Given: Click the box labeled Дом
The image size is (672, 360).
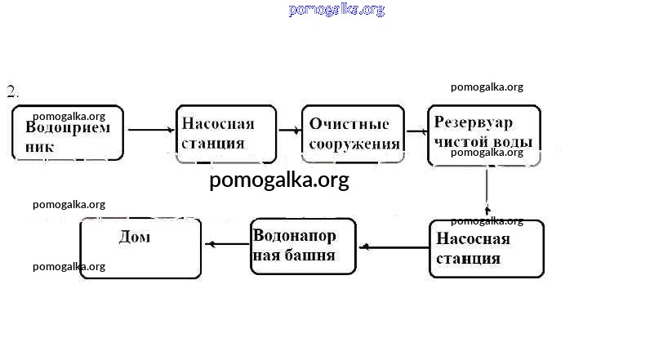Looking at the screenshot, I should tap(140, 249).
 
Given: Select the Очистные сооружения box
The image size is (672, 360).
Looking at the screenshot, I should tap(353, 134).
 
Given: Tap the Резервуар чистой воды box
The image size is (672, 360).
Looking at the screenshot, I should tap(483, 136).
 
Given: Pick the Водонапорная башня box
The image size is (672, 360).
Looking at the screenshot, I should tap(303, 246).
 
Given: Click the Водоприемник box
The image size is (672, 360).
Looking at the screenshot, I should tap(68, 132).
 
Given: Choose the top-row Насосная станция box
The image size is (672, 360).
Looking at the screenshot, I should tap(225, 134).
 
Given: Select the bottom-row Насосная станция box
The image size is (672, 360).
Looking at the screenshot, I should tap(486, 248).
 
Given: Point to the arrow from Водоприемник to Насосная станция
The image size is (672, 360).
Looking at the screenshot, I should tap(150, 130).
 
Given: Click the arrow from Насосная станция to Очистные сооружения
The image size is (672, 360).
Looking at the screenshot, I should tap(288, 130).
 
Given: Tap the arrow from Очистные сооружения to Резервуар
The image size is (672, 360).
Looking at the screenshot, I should tap(416, 131).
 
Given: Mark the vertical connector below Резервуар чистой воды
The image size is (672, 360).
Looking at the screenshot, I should tap(487, 191).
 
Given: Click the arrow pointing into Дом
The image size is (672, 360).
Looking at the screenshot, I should tap(225, 243).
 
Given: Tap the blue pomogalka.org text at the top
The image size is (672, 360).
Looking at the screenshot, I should tap(336, 10).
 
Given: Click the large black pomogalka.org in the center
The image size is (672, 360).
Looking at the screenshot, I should tap(278, 180).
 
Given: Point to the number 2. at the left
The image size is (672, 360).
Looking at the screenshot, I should tap(12, 91).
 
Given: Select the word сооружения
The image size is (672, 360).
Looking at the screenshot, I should tap(354, 144).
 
